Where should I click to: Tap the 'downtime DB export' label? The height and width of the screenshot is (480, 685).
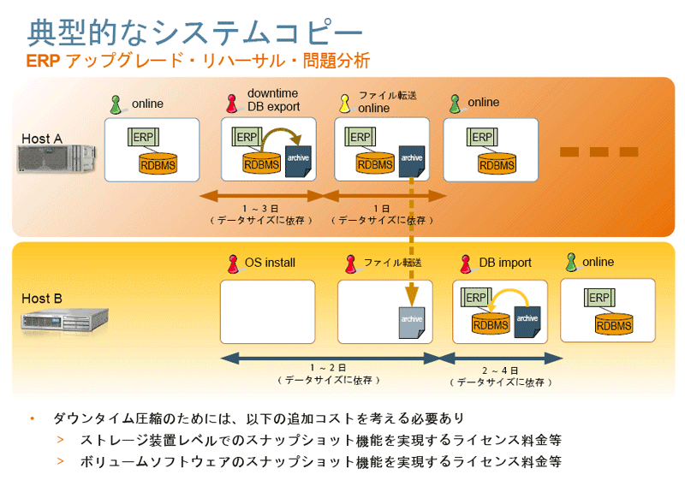coord(273,100)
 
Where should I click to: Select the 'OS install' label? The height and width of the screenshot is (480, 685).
coord(270,263)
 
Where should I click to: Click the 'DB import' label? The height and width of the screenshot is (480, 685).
coord(505,263)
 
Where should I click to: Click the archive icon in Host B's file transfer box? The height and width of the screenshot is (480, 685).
coord(412,321)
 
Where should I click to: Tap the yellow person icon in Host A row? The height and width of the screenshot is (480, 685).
coord(344,104)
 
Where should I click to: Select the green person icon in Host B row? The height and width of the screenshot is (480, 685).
coord(571,262)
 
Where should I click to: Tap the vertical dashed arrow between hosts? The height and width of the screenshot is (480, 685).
coord(411,231)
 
